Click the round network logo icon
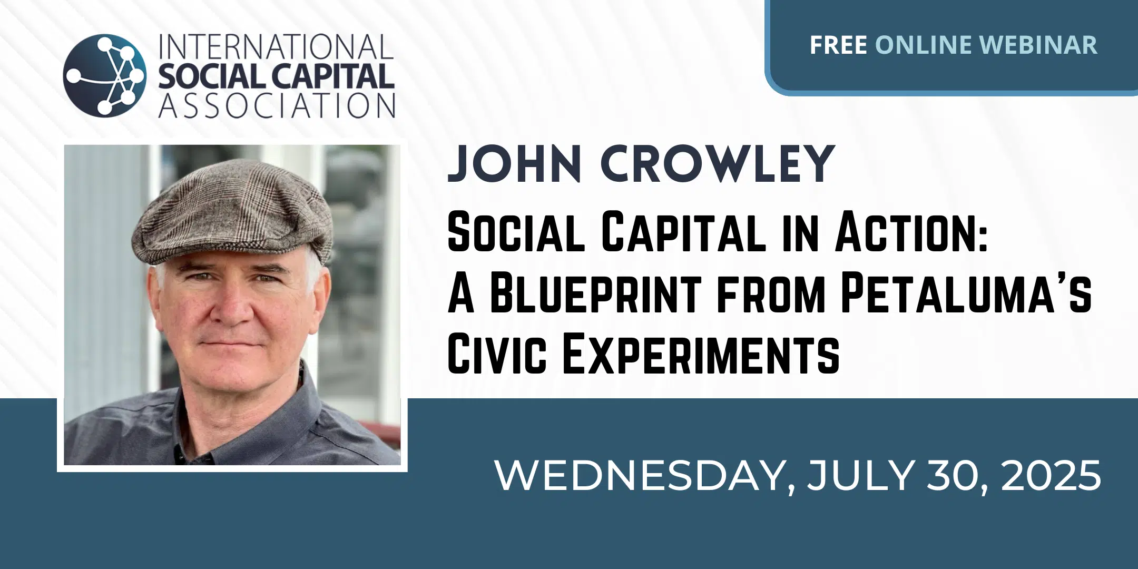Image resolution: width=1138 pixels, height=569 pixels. [x=105, y=75]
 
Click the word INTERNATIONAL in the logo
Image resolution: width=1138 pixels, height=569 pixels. [x=276, y=48]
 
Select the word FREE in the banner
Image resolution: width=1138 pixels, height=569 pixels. [x=838, y=45]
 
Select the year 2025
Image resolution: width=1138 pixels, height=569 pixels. [x=1051, y=476]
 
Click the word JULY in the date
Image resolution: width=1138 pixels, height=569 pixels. [x=860, y=476]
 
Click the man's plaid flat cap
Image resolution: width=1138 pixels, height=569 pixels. [x=232, y=213]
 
